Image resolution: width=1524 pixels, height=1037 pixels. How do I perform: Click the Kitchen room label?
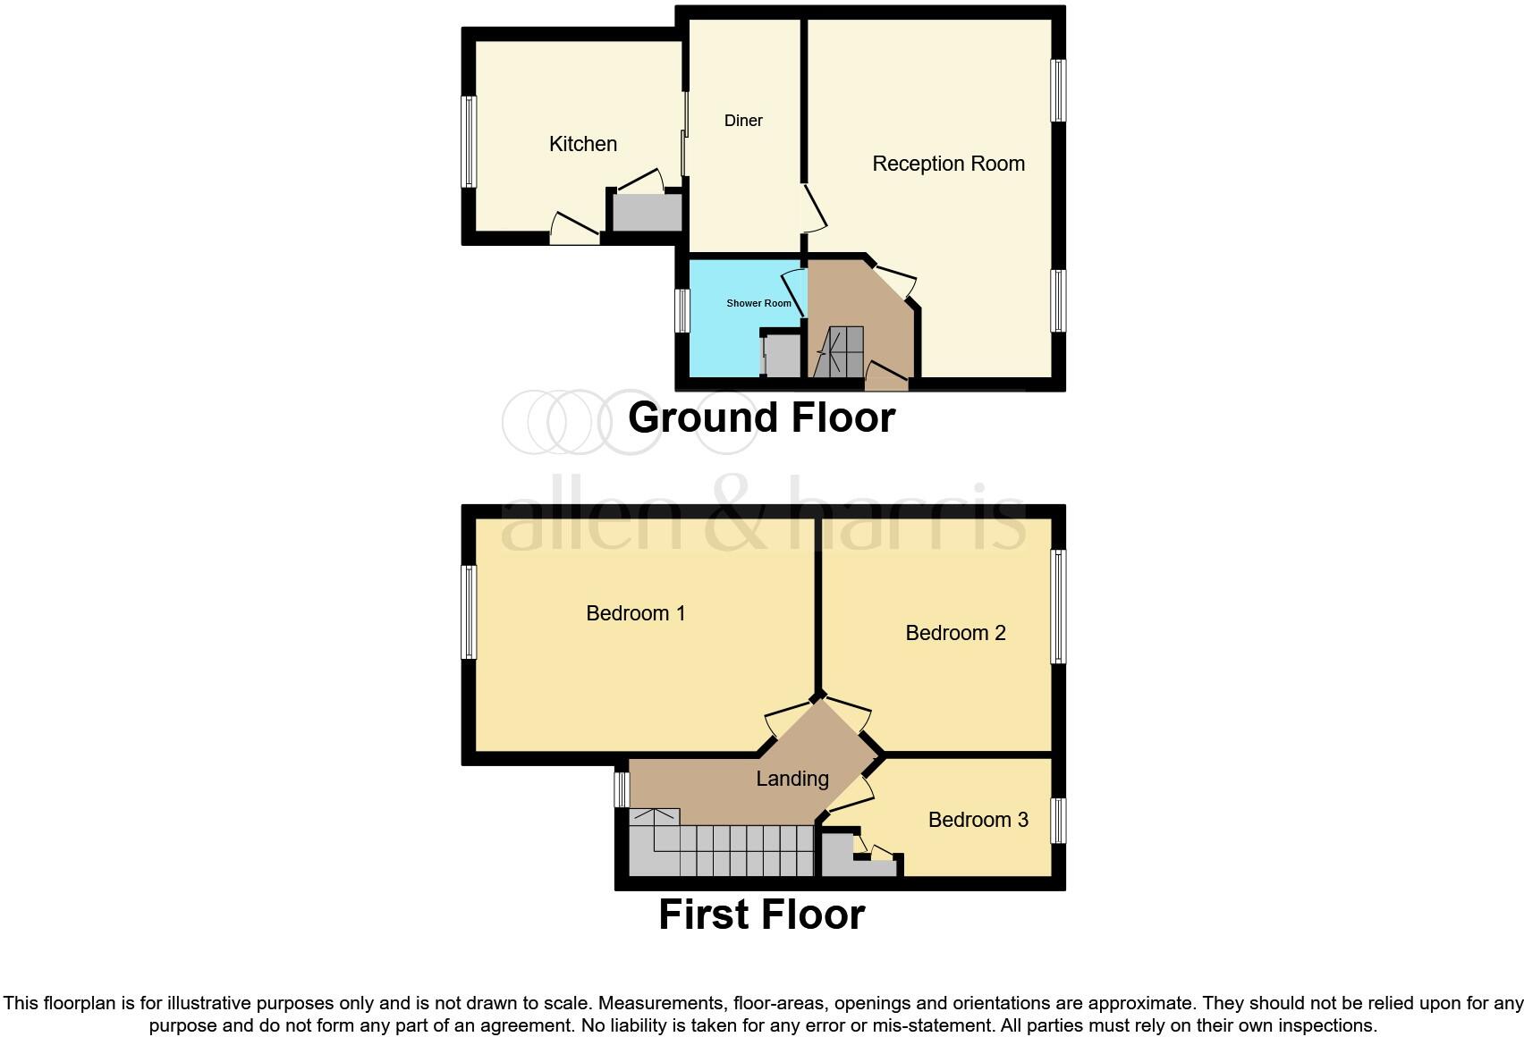point(582,144)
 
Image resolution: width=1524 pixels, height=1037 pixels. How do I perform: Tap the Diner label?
point(743,121)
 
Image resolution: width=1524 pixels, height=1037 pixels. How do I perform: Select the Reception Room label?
point(948,164)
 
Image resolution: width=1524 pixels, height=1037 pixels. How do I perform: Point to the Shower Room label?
point(758,303)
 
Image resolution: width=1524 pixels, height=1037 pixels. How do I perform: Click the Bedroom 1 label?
point(635,613)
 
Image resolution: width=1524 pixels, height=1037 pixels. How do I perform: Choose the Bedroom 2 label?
point(955,633)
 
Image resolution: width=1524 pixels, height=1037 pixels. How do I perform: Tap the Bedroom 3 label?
point(978,820)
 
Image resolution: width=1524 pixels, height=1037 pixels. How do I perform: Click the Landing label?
point(792,779)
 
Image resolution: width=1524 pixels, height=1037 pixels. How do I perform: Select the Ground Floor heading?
point(761,417)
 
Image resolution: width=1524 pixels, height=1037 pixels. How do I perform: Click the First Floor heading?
point(761,915)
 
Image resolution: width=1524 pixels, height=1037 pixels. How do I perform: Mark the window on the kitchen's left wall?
point(469,141)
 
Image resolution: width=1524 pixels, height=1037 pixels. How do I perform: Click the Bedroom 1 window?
point(469,612)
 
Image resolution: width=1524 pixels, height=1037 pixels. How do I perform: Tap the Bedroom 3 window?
point(1058,821)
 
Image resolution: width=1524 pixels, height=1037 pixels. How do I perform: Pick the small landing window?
point(622,789)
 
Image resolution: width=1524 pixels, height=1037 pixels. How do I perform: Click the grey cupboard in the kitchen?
point(647,213)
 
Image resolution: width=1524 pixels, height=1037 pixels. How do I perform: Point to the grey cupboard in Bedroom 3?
point(838,857)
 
